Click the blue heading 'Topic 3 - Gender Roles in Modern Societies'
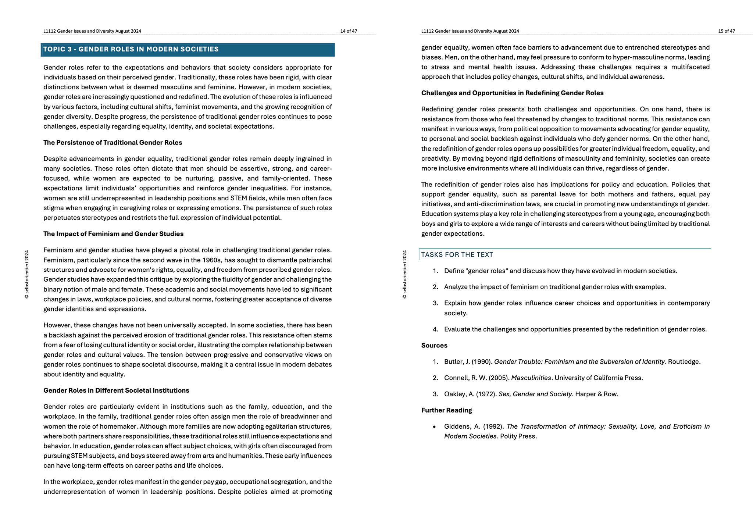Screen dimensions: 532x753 pyautogui.click(x=131, y=49)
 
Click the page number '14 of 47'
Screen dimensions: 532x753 pyautogui.click(x=349, y=31)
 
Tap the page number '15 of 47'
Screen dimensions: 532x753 pyautogui.click(x=727, y=31)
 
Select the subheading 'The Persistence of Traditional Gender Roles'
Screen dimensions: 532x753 pyautogui.click(x=113, y=143)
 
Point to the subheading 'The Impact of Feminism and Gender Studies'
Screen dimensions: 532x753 pyautogui.click(x=113, y=234)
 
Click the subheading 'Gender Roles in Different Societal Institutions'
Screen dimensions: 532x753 pyautogui.click(x=116, y=390)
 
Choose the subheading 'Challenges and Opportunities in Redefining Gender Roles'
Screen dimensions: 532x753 pyautogui.click(x=512, y=93)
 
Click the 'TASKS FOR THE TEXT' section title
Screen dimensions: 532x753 pyautogui.click(x=457, y=255)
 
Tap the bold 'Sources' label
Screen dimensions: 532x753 pyautogui.click(x=434, y=346)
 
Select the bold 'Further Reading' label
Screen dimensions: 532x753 pyautogui.click(x=446, y=410)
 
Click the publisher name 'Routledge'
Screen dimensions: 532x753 pyautogui.click(x=684, y=362)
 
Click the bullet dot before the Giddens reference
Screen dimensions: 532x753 pyautogui.click(x=435, y=427)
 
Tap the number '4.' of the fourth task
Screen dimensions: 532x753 pyautogui.click(x=435, y=329)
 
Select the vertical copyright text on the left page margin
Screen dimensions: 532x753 pyautogui.click(x=27, y=274)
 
